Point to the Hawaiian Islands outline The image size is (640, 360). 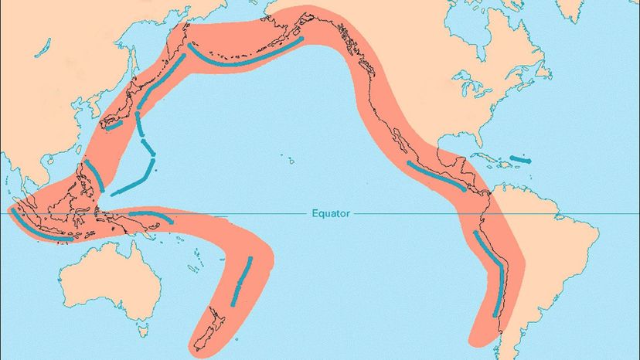pyautogui.click(x=292, y=161)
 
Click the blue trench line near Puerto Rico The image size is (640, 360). pyautogui.click(x=522, y=159)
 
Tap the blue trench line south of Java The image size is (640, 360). pyautogui.click(x=43, y=230)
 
